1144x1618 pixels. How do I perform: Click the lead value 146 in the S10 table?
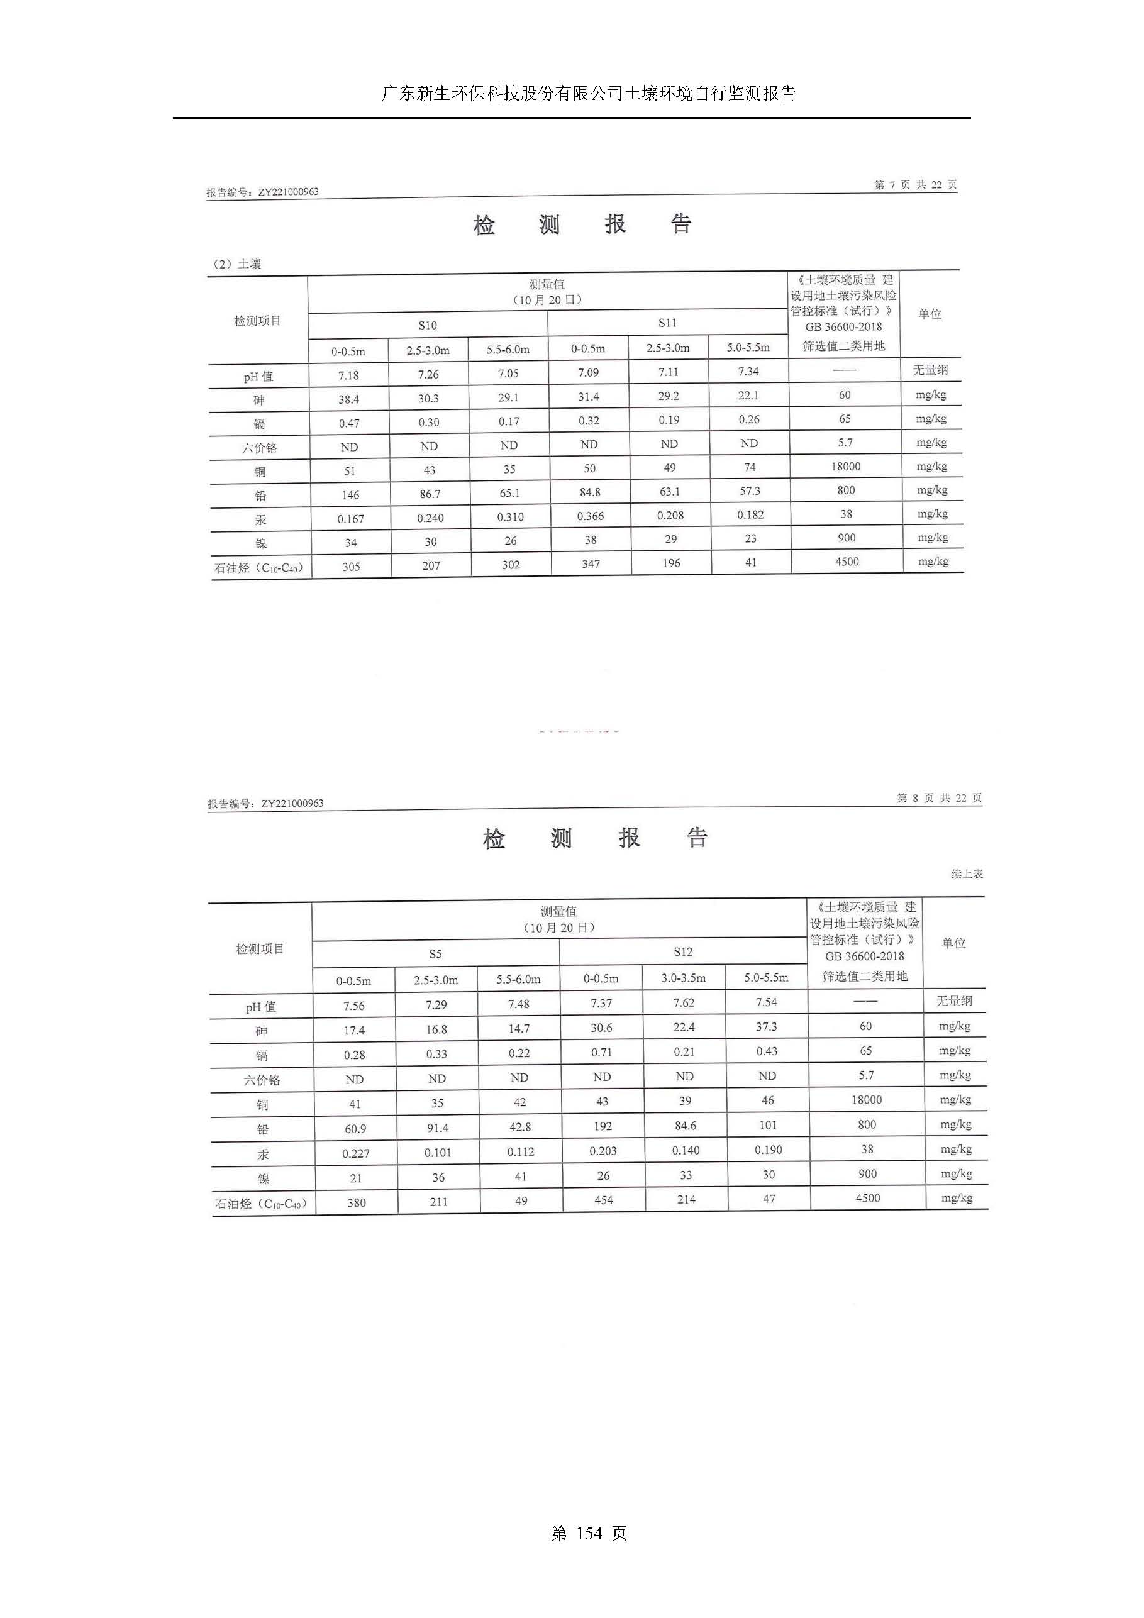coord(350,495)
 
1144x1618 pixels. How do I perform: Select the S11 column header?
coord(667,323)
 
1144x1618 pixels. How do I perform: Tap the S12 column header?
coord(682,951)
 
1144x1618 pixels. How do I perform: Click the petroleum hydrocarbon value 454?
coord(603,1200)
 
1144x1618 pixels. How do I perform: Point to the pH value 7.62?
coord(684,1003)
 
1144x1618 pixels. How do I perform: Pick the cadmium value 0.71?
coord(601,1052)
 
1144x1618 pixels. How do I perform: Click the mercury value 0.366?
coord(590,516)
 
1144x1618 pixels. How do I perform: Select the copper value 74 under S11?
coord(749,467)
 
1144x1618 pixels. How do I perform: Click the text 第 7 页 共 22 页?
coord(915,185)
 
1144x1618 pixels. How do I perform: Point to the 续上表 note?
coord(967,874)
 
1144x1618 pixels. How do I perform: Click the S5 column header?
coord(436,953)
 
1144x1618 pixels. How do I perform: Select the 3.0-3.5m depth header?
coord(683,977)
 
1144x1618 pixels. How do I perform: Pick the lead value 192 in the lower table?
coord(603,1126)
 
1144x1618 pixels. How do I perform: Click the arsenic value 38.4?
coord(348,399)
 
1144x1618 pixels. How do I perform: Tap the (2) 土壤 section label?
coord(237,264)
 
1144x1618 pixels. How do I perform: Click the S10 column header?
coord(427,325)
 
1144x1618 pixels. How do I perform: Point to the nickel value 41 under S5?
coord(520,1176)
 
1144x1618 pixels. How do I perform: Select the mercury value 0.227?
coord(355,1153)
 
